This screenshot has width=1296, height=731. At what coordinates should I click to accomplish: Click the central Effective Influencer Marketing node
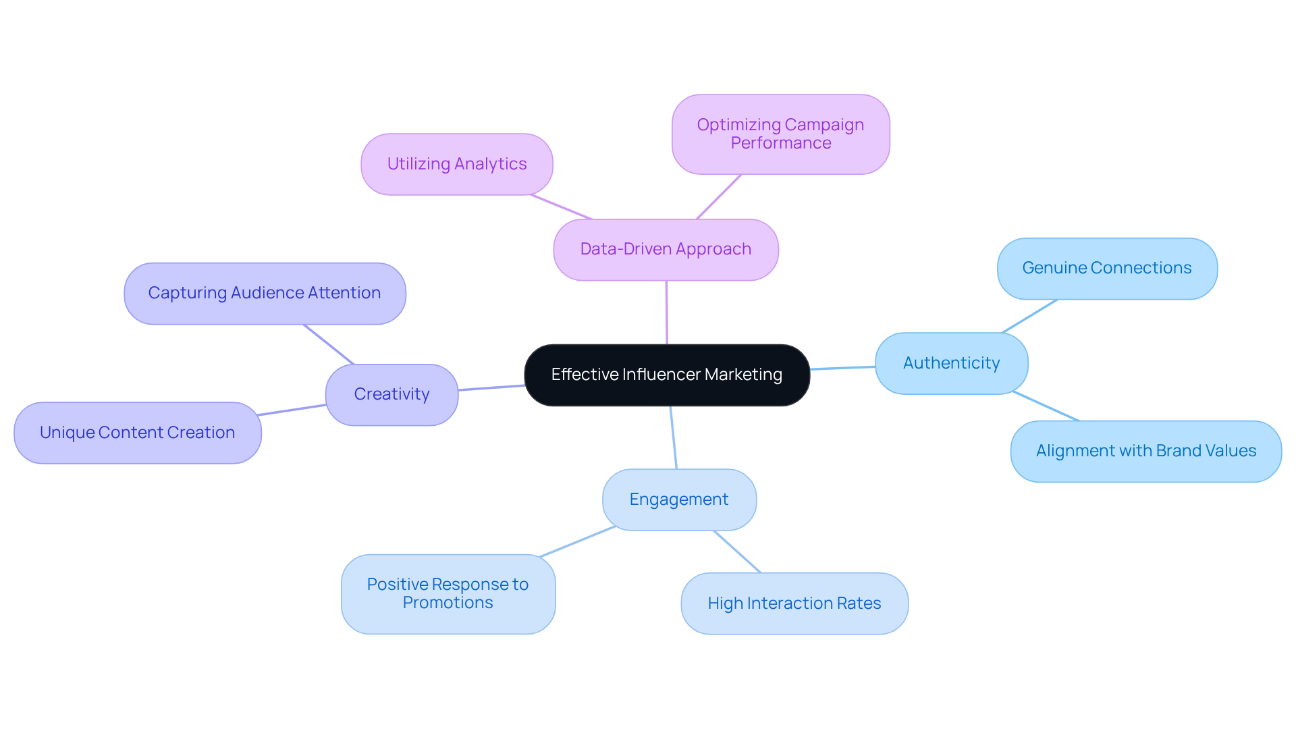pyautogui.click(x=666, y=375)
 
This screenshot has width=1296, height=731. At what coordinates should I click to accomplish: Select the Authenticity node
pyautogui.click(x=951, y=363)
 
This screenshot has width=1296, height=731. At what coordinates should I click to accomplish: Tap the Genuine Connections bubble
pyautogui.click(x=1107, y=268)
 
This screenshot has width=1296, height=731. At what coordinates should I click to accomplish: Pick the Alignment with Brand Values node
pyautogui.click(x=1145, y=451)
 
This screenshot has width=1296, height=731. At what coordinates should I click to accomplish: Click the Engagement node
pyautogui.click(x=678, y=499)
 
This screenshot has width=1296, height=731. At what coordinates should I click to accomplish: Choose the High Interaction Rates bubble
pyautogui.click(x=794, y=603)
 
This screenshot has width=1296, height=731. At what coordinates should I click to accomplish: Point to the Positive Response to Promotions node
pyautogui.click(x=448, y=594)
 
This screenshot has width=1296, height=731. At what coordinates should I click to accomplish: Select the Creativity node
pyautogui.click(x=391, y=394)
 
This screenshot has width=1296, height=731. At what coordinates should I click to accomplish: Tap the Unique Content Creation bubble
pyautogui.click(x=137, y=433)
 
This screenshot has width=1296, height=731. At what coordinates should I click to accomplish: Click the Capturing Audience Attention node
pyautogui.click(x=265, y=293)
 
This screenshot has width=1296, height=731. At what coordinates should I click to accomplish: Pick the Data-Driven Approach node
pyautogui.click(x=666, y=249)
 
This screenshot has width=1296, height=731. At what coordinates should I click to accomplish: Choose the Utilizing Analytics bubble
pyautogui.click(x=456, y=164)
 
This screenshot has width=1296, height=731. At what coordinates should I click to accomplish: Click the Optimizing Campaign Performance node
pyautogui.click(x=780, y=134)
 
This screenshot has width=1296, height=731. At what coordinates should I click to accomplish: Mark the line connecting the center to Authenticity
pyautogui.click(x=842, y=368)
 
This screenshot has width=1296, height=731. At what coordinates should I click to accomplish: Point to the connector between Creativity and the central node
pyautogui.click(x=491, y=387)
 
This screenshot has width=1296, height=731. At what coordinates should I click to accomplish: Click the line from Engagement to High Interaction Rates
pyautogui.click(x=737, y=551)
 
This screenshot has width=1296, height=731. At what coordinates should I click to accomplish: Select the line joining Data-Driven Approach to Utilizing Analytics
pyautogui.click(x=561, y=207)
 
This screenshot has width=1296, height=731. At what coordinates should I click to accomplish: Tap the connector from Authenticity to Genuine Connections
pyautogui.click(x=1029, y=316)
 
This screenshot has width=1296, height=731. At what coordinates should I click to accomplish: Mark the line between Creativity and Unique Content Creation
pyautogui.click(x=292, y=410)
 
